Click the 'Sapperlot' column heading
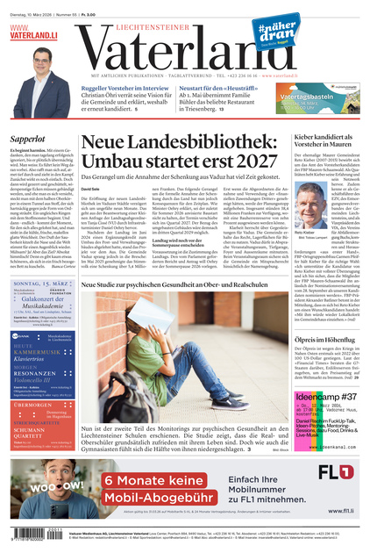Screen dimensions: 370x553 [28, 139]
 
